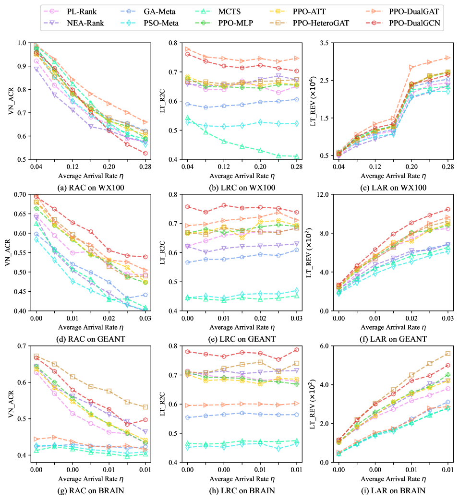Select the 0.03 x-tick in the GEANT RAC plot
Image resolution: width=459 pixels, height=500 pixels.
pos(146,318)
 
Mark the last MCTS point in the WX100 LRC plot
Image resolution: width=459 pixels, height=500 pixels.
pos(296,156)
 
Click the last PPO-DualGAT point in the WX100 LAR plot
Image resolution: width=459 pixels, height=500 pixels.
pos(447,58)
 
